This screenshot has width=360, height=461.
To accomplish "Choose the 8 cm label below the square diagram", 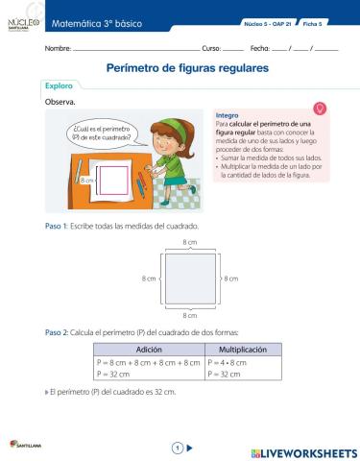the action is coord(189,313).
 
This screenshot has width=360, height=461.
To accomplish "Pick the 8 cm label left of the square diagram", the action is coord(148,279).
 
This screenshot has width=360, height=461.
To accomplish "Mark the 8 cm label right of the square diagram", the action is coord(230,279).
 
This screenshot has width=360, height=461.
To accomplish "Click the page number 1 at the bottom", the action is coord(177,447).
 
